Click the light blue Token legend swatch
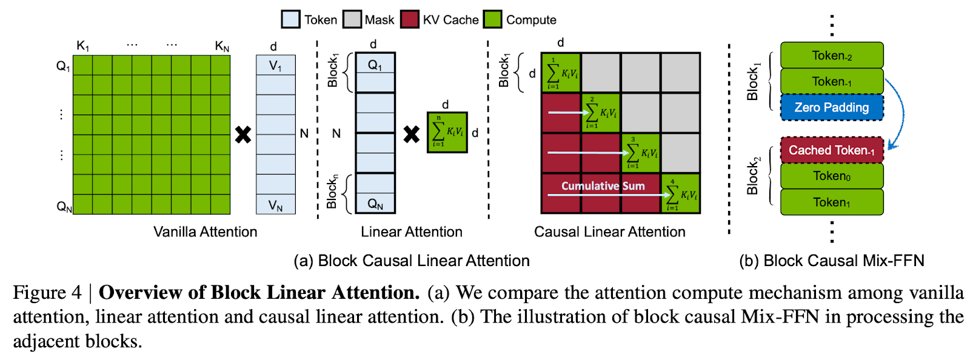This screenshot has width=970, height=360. tap(291, 19)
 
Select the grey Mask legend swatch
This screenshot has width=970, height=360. tap(352, 19)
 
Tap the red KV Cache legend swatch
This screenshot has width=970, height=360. tap(410, 19)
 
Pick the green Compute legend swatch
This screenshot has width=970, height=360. tap(493, 19)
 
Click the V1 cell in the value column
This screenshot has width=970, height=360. tap(275, 65)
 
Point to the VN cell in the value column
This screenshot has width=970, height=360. tap(275, 205)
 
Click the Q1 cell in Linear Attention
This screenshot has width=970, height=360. tap(375, 64)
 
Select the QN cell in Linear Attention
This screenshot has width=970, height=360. tap(375, 204)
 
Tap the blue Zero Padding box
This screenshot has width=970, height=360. tap(831, 107)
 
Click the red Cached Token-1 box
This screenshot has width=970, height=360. tap(831, 150)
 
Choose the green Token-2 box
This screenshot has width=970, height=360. tap(831, 56)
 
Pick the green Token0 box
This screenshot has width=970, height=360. tap(831, 176)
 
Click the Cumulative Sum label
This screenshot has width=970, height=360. tap(603, 186)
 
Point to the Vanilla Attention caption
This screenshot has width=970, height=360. tap(205, 232)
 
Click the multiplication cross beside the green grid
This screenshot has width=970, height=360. tap(243, 135)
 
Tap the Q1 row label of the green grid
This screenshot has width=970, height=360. tap(63, 66)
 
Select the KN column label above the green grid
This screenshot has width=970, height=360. tap(222, 46)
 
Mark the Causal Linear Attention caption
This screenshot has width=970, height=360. tap(609, 232)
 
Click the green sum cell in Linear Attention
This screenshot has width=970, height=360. tap(447, 132)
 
